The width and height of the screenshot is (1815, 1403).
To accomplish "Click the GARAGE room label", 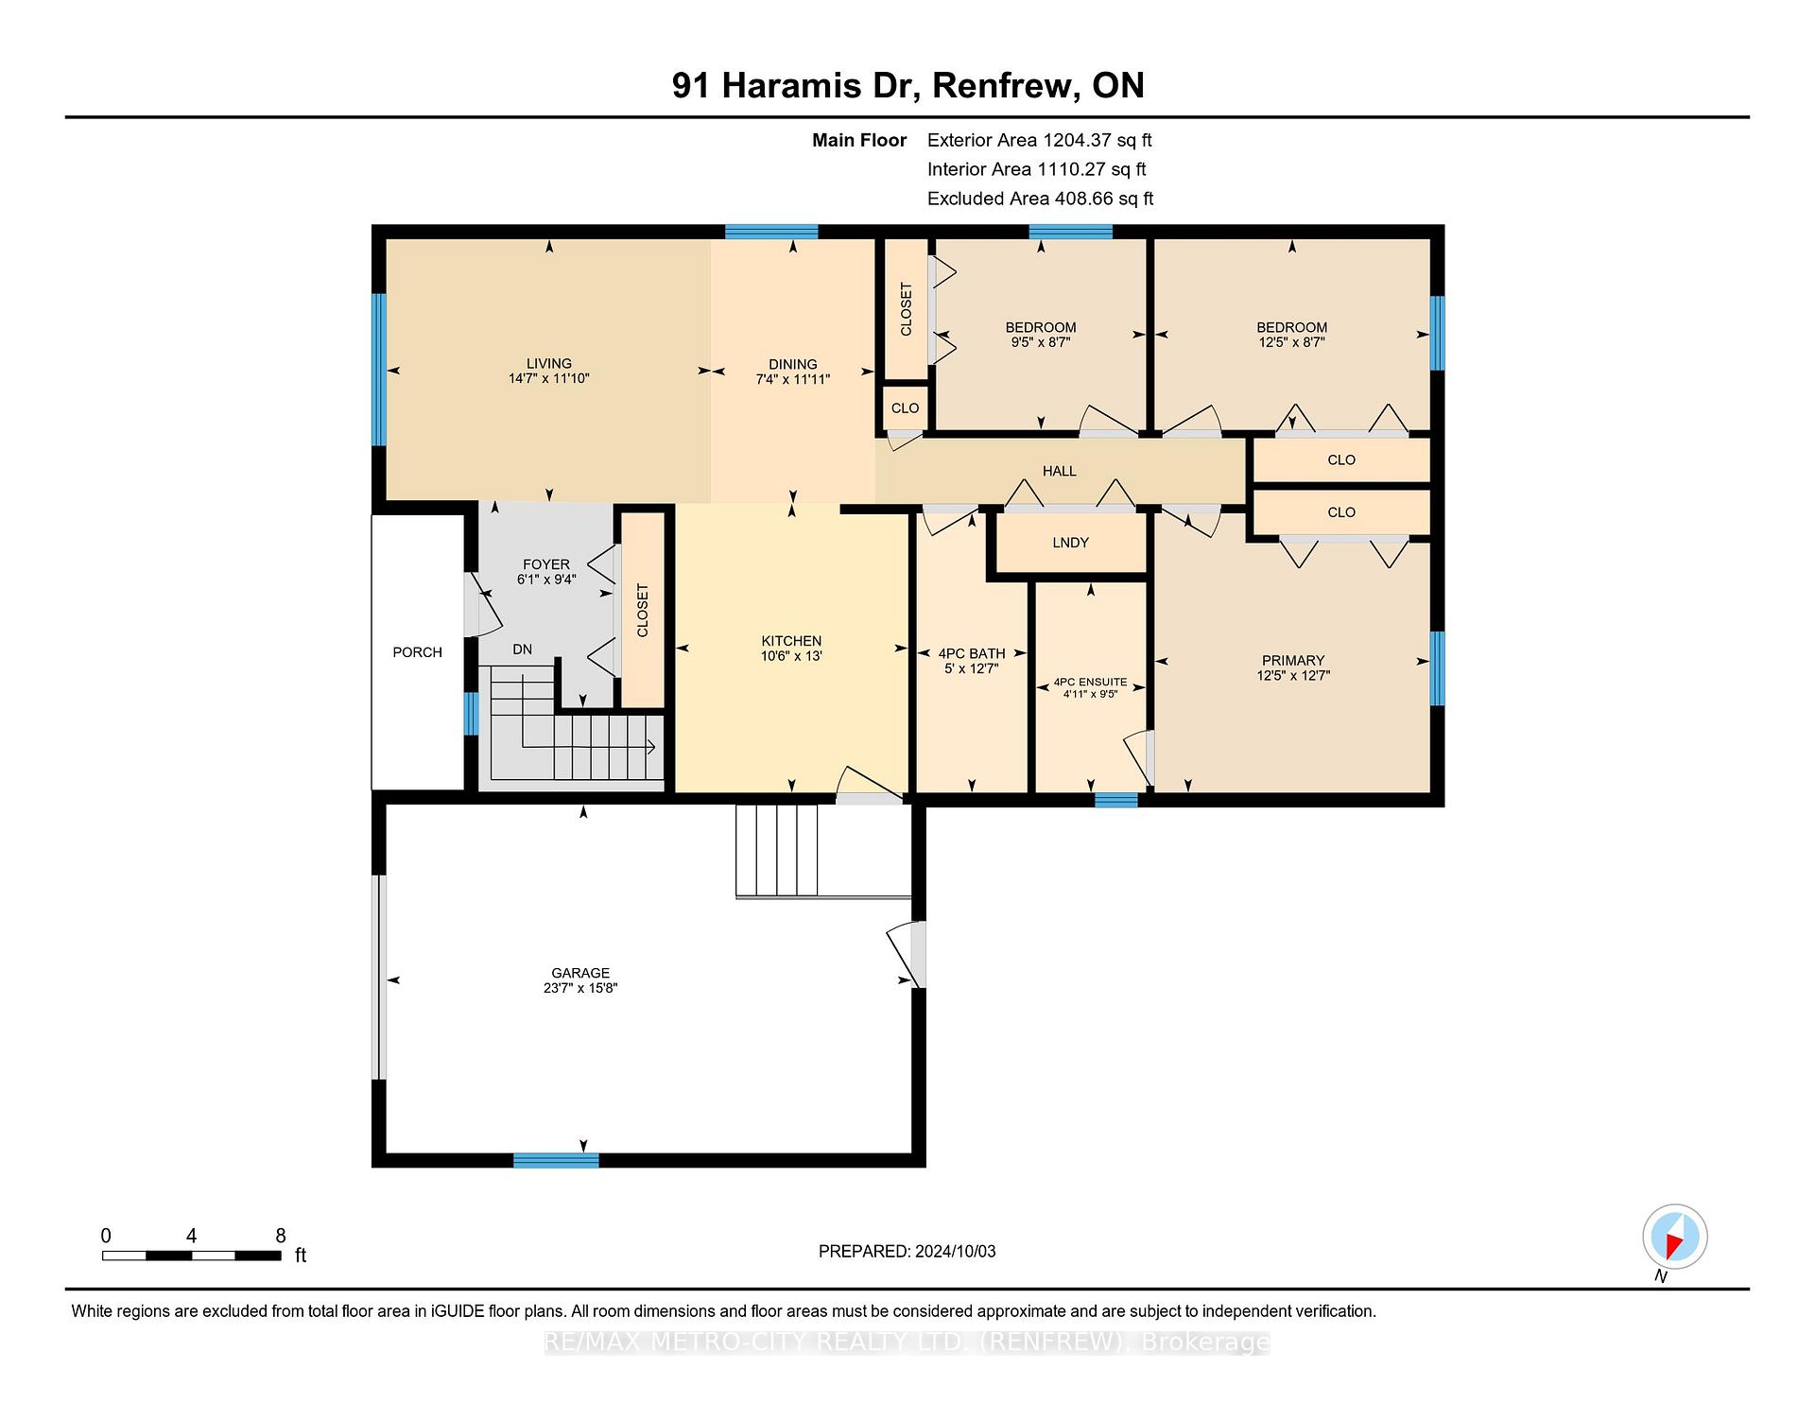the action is pos(580,973).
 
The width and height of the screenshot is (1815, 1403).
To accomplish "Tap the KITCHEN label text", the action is pos(791,641).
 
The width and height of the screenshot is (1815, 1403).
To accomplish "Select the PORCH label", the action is pos(417,652).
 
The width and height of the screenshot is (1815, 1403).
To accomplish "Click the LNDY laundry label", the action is pos(1070,543).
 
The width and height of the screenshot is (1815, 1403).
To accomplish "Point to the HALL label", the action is pos(1059,471).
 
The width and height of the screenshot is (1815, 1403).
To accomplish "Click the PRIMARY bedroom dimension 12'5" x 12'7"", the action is pos(1292,676).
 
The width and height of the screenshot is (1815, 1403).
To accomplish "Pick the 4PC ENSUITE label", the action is pos(1090,682).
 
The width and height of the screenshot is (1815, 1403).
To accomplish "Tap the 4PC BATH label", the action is pos(971,653).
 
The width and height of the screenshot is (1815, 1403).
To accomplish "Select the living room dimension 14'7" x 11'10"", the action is pos(548,378).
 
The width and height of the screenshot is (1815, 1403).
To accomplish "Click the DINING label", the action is pos(792,364).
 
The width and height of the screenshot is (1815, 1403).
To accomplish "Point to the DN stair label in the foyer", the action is pos(522,650).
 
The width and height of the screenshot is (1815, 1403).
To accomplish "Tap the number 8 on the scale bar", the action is pos(280,1236).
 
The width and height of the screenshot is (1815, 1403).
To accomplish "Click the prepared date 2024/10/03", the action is pos(955,1252).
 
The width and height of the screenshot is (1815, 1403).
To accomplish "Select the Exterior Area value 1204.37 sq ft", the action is pos(1097,140).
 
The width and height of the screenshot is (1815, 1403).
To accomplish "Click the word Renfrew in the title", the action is pos(1006,85).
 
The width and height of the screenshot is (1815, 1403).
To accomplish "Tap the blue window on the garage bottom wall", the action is pos(556,1160).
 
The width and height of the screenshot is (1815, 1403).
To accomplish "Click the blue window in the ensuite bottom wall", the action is pos(1116,800).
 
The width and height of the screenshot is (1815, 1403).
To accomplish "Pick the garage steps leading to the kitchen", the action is pos(777,850).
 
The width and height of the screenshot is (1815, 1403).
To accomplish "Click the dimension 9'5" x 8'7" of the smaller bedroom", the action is pos(1040,342).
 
